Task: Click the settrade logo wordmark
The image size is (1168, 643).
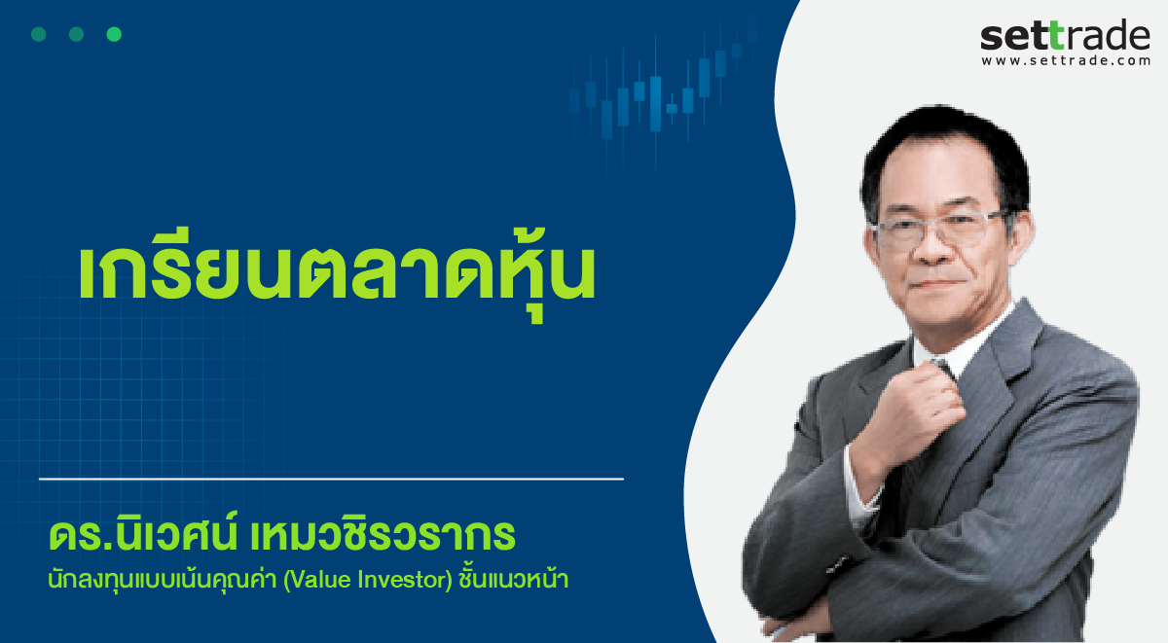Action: [1065, 36]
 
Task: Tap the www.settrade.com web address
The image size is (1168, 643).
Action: [1066, 60]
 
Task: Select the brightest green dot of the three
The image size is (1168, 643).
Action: [114, 34]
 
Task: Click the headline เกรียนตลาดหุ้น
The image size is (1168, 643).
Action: [337, 271]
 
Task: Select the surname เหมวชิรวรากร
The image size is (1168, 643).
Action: [383, 534]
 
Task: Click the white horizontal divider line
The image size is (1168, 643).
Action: [331, 479]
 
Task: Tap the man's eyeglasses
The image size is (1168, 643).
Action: [938, 230]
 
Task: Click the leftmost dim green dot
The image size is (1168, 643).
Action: [39, 34]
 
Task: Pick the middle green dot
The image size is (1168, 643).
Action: [76, 34]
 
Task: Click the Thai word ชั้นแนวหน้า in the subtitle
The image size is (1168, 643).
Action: [513, 579]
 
